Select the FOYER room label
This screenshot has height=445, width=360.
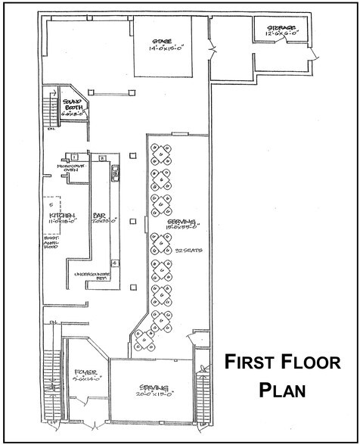click(x=86, y=372)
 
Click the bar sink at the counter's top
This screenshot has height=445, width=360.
click(x=115, y=174)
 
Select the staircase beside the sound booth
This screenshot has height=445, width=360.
click(x=52, y=108)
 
